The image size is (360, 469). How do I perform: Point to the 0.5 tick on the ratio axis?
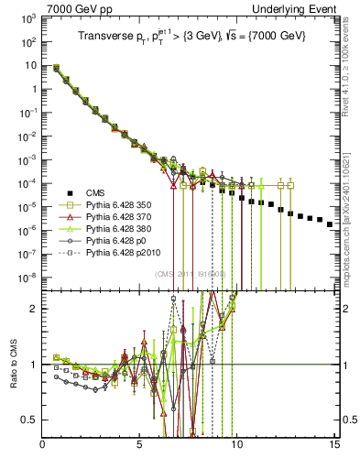point(30,420)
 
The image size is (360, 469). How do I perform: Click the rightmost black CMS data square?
point(330,249)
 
